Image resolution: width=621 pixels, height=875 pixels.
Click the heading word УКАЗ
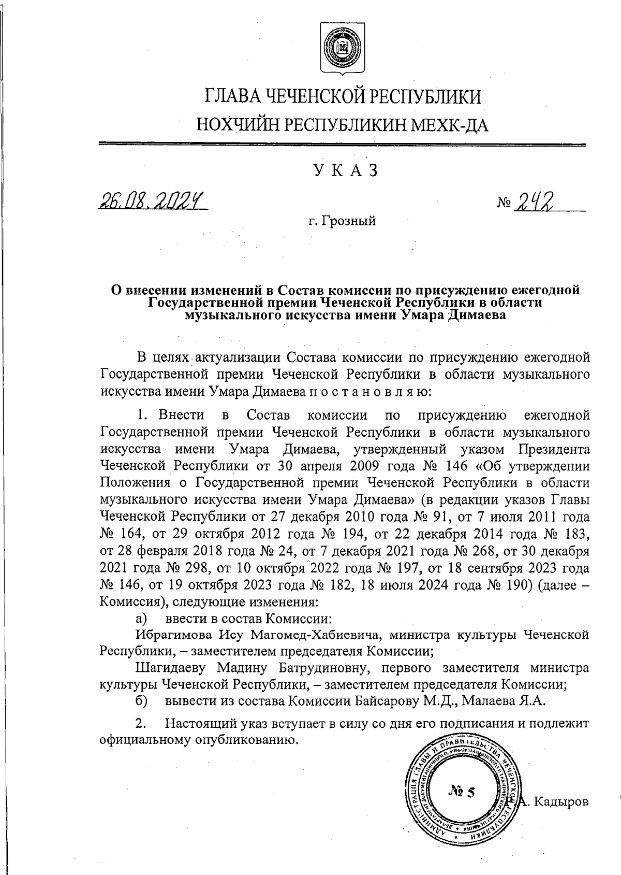[343, 170]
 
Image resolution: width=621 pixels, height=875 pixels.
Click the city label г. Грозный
[342, 222]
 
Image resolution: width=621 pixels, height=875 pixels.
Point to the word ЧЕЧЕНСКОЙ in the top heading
[320, 97]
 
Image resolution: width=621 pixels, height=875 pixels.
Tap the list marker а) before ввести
[141, 619]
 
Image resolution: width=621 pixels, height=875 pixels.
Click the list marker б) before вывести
[141, 701]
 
